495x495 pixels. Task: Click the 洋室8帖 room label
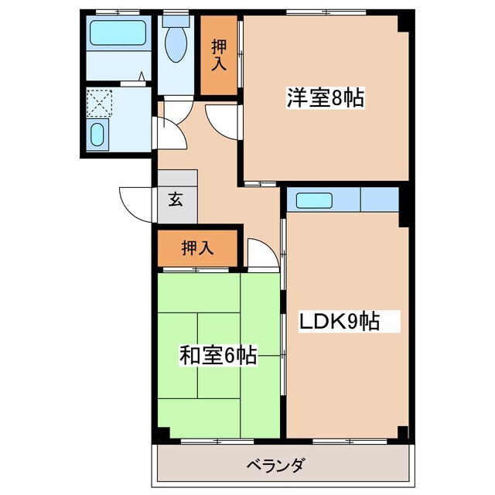point(326,98)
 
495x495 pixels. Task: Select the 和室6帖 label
point(217,356)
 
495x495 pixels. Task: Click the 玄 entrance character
point(176,200)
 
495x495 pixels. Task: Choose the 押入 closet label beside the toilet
point(218,55)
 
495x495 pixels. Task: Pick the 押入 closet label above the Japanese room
point(197,247)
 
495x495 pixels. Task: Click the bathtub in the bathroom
point(118,33)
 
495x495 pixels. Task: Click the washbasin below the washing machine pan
point(97,135)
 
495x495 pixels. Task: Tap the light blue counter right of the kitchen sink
point(379,200)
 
